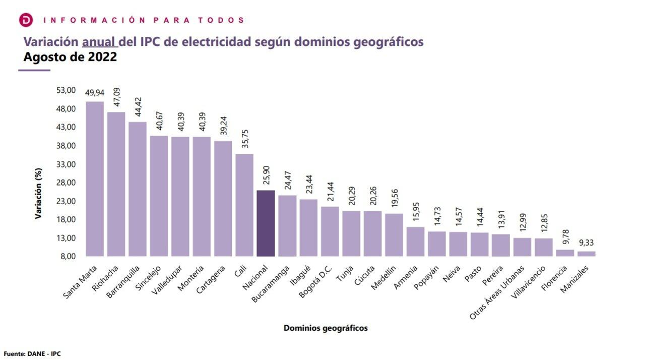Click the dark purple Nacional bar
coord(266,223)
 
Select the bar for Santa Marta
coord(95,179)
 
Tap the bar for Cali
coord(244,205)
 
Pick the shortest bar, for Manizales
coord(586,254)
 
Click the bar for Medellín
coord(394,235)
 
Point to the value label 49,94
coord(95,93)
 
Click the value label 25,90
coord(266,175)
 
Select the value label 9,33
coord(586,243)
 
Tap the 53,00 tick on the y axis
coord(66,90)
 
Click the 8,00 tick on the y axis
coord(67,256)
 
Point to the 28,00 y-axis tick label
coord(66,183)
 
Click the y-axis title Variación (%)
coord(38,194)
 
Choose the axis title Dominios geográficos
coord(326,328)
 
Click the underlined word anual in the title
coord(99,41)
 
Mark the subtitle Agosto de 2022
coord(70,56)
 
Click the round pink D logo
coord(26,20)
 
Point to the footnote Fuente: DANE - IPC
coord(32,354)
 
